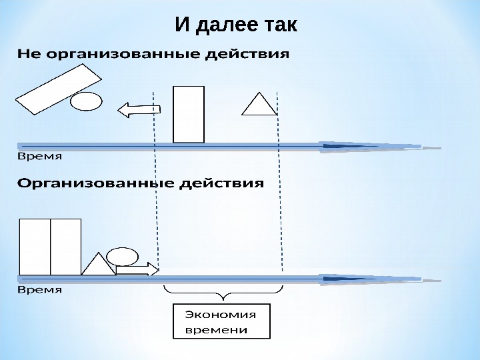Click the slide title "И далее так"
(x=236, y=26)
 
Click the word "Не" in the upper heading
(x=29, y=54)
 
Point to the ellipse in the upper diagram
(x=86, y=101)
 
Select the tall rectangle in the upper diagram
(x=189, y=114)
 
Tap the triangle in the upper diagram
(x=259, y=103)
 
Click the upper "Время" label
(x=39, y=157)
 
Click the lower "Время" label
(x=39, y=290)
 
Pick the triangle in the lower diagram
(x=99, y=265)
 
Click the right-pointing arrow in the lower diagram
(x=137, y=269)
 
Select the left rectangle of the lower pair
(x=35, y=247)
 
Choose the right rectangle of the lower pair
(x=65, y=247)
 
